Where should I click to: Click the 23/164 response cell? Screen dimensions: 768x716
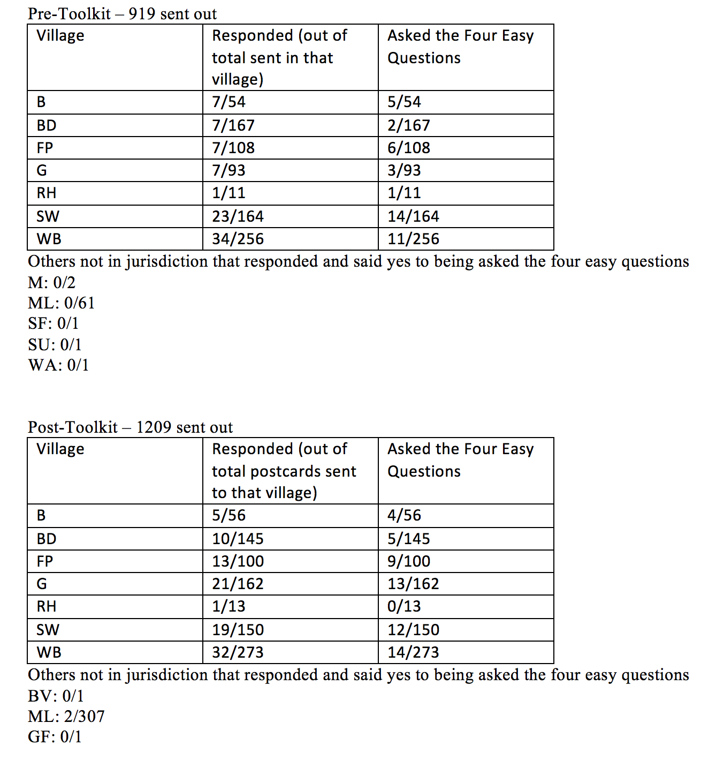click(x=238, y=216)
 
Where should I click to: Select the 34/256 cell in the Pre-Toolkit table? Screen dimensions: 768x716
click(x=238, y=239)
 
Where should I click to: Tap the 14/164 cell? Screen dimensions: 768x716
click(x=413, y=216)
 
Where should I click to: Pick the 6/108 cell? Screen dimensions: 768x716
click(x=409, y=148)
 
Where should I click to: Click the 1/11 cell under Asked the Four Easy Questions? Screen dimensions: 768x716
click(x=404, y=193)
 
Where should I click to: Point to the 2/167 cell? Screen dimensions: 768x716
click(x=409, y=125)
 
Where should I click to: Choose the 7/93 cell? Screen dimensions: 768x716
click(x=228, y=170)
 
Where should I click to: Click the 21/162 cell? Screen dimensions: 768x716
click(x=238, y=584)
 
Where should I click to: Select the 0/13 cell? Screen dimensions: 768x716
click(x=404, y=606)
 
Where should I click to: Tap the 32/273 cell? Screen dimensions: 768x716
click(x=238, y=652)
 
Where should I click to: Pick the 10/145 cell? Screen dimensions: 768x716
click(x=238, y=539)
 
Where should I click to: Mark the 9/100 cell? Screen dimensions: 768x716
click(x=409, y=561)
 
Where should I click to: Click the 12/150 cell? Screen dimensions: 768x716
click(x=413, y=630)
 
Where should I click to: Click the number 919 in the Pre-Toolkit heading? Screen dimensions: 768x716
click(x=142, y=14)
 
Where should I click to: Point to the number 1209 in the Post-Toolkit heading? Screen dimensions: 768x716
click(x=154, y=427)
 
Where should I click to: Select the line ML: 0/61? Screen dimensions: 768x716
click(x=61, y=303)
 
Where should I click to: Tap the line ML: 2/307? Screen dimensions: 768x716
click(x=66, y=717)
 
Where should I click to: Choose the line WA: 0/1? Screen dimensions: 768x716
click(x=58, y=365)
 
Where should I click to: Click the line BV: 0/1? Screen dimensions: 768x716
click(x=56, y=696)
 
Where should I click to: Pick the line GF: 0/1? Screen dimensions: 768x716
click(x=55, y=737)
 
